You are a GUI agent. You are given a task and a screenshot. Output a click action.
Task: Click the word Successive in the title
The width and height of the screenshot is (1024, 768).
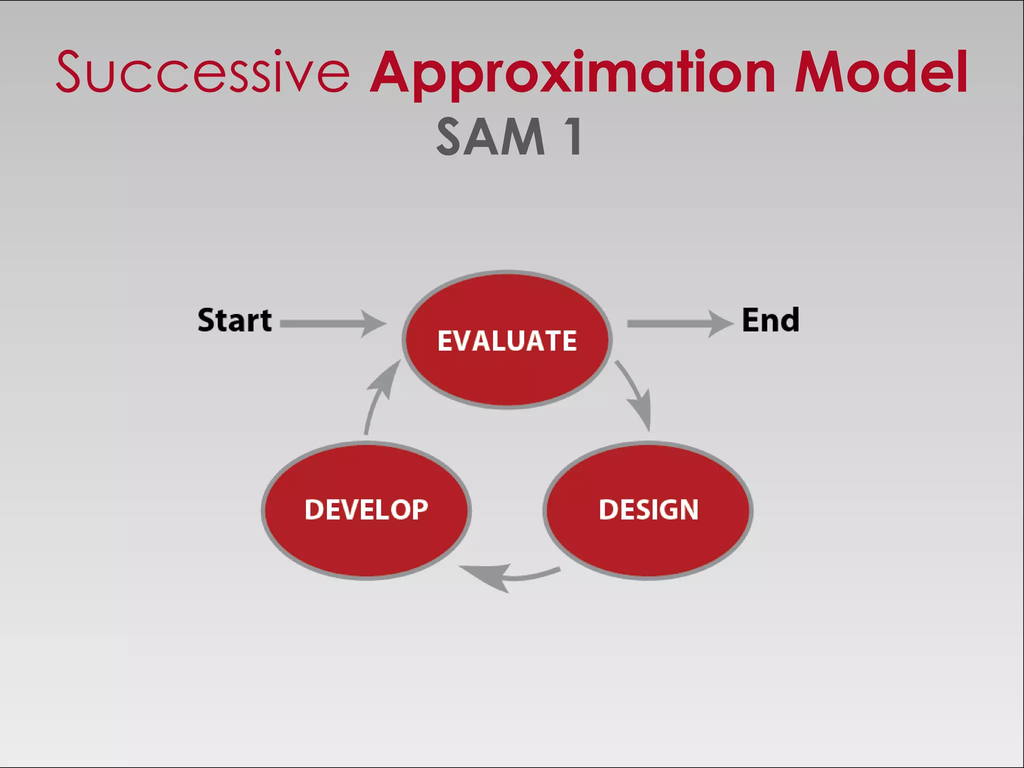202,72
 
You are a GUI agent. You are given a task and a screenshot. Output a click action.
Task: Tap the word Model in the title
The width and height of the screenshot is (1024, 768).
881,72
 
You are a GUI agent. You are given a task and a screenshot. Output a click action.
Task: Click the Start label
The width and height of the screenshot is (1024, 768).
234,320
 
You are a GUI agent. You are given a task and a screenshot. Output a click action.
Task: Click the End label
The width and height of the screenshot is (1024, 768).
770,320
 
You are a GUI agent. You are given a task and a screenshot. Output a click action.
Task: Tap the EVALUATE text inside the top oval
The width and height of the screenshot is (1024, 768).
507,341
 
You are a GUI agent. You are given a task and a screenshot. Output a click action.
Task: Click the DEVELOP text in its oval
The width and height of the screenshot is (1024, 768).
366,510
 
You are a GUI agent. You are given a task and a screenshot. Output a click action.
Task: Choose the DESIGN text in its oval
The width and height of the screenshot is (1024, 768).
648,510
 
